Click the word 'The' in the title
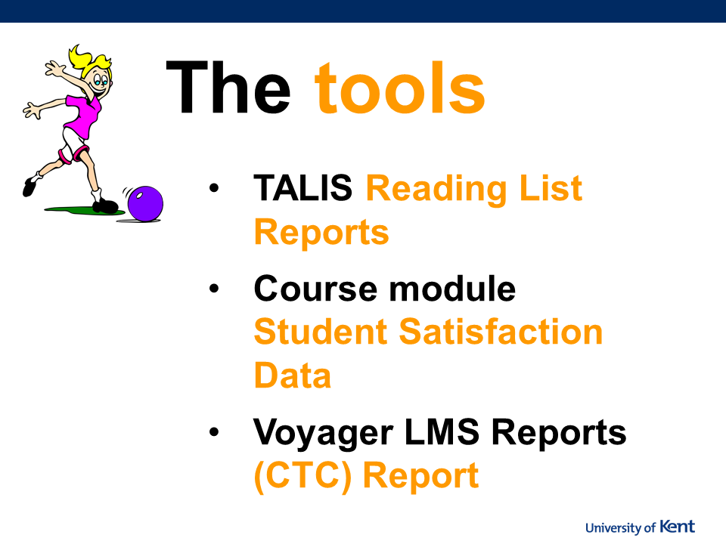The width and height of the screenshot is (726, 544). (x=228, y=87)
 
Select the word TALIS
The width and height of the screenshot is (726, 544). (x=302, y=188)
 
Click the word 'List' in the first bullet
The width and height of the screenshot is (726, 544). (x=551, y=188)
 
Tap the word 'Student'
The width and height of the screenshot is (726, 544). (x=321, y=332)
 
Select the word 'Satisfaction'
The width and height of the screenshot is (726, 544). (x=501, y=332)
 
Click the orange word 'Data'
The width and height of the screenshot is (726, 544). (x=293, y=375)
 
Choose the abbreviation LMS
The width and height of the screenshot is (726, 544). (x=442, y=431)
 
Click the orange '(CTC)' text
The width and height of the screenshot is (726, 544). (x=302, y=475)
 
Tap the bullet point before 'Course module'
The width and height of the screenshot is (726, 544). (x=214, y=288)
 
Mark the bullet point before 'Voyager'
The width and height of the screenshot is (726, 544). (x=214, y=431)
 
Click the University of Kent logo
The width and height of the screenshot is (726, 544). (x=640, y=527)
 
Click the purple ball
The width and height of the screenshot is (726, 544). (x=145, y=203)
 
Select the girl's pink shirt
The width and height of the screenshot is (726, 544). (x=83, y=116)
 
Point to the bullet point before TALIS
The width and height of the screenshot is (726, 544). (x=214, y=188)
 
